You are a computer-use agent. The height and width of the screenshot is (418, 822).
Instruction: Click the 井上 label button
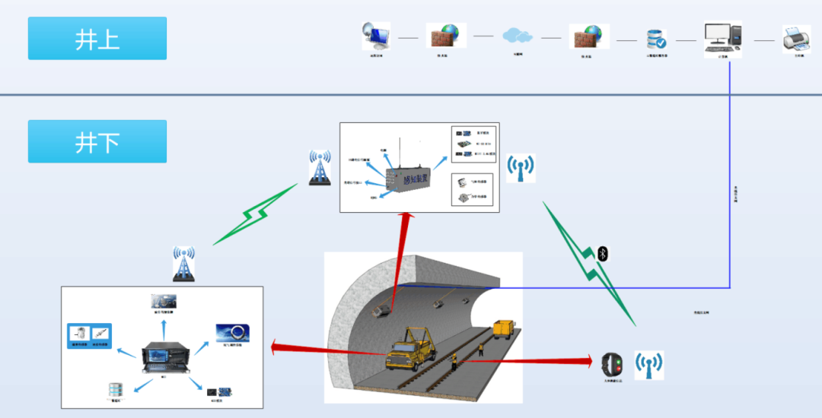click(97, 38)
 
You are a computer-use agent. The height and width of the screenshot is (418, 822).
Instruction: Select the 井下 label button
click(97, 141)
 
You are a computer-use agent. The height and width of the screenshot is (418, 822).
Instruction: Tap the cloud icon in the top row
click(517, 35)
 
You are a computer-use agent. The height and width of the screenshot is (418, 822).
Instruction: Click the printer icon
click(796, 37)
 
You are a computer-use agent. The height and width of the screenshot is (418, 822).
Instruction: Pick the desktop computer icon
click(722, 36)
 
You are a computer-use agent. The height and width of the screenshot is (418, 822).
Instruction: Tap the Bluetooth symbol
click(603, 254)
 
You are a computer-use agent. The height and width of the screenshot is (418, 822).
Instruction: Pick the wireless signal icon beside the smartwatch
click(649, 365)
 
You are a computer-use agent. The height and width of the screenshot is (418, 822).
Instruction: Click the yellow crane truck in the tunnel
click(411, 347)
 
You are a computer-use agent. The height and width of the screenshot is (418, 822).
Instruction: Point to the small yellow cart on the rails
click(505, 329)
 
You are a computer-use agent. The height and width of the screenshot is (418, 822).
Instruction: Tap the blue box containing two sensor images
click(91, 335)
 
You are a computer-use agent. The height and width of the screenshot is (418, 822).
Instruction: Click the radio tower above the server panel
click(182, 264)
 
